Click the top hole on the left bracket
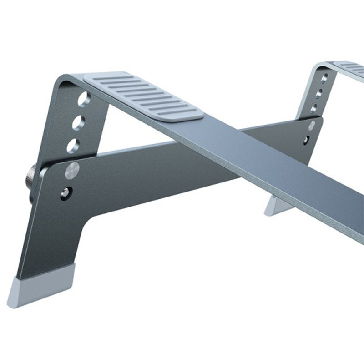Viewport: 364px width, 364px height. pyautogui.click(x=83, y=99)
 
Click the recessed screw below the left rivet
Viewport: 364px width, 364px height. pyautogui.click(x=66, y=193)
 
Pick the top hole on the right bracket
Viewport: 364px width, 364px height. pyautogui.click(x=324, y=78)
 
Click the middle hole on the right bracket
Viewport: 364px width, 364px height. pyautogui.click(x=319, y=93)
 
